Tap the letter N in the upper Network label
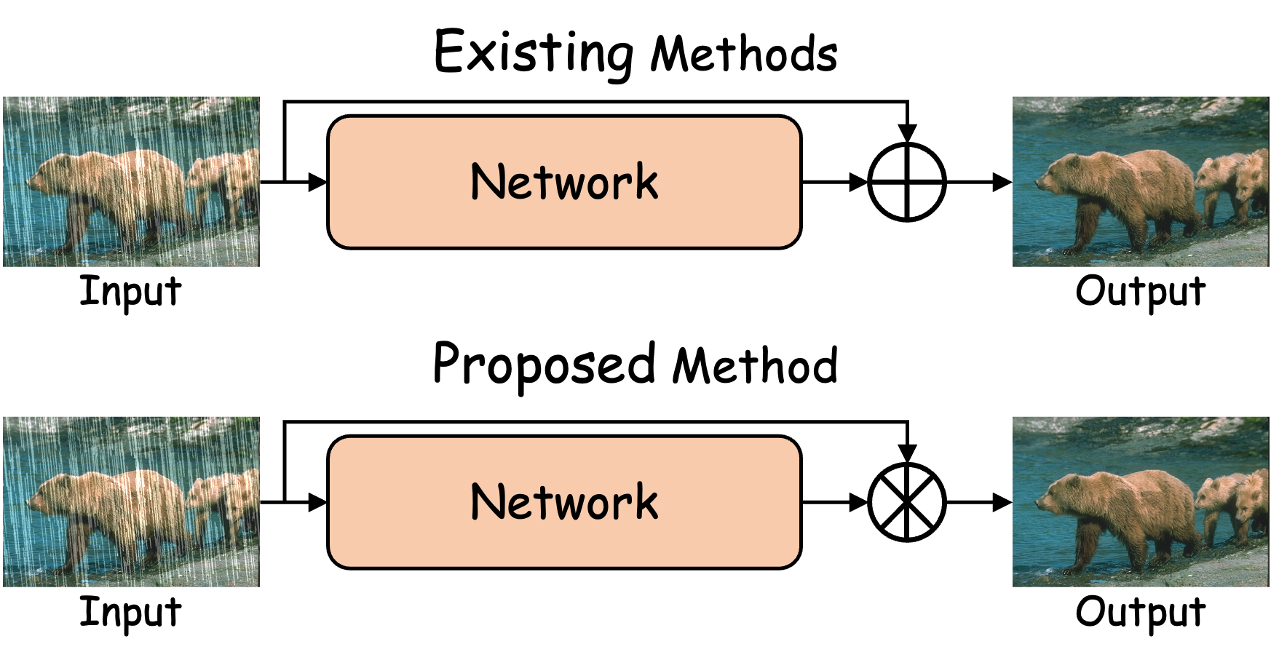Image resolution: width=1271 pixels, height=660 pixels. pyautogui.click(x=487, y=181)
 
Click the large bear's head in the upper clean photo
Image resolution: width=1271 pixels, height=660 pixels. pyautogui.click(x=1056, y=175)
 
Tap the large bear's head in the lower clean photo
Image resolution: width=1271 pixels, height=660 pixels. pyautogui.click(x=1056, y=495)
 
